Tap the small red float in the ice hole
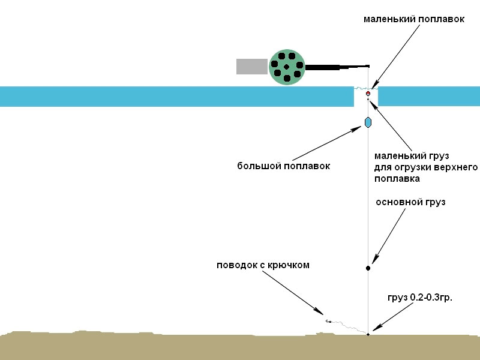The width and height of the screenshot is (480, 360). pyautogui.click(x=368, y=94)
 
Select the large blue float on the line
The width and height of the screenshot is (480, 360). pyautogui.click(x=368, y=122)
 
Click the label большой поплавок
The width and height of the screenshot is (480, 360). pyautogui.click(x=284, y=166)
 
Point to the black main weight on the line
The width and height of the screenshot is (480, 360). pyautogui.click(x=368, y=268)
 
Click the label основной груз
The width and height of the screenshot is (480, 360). pyautogui.click(x=410, y=202)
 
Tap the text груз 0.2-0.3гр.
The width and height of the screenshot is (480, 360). pyautogui.click(x=421, y=296)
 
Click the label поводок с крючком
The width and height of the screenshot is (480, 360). pyautogui.click(x=263, y=265)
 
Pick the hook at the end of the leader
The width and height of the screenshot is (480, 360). pyautogui.click(x=328, y=322)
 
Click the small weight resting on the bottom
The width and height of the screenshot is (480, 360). pyautogui.click(x=368, y=334)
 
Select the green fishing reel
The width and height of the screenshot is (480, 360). pyautogui.click(x=287, y=67)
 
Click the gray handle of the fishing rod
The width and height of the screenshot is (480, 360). pyautogui.click(x=252, y=67)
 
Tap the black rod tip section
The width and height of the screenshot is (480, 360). pyautogui.click(x=336, y=67)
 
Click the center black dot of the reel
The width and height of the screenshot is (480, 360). pyautogui.click(x=287, y=67)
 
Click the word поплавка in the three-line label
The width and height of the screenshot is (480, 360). pyautogui.click(x=397, y=178)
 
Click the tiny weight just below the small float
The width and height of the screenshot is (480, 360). pyautogui.click(x=368, y=100)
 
